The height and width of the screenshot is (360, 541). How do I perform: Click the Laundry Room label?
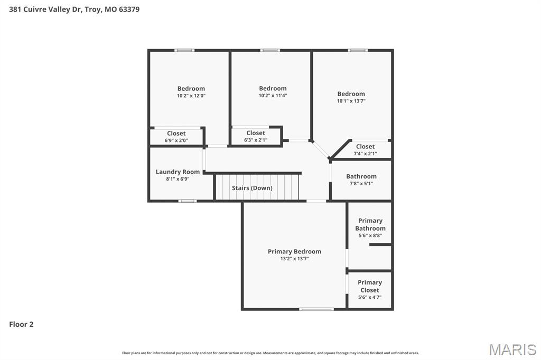pos(178,172)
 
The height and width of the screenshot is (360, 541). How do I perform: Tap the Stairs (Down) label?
pos(252,188)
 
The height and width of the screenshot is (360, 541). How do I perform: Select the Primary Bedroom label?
pos(294,251)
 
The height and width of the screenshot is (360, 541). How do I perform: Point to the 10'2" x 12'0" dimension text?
pos(191,96)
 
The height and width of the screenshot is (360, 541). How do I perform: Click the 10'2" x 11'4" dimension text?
pos(273,96)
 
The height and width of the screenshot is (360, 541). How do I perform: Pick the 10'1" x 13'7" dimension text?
pos(351,101)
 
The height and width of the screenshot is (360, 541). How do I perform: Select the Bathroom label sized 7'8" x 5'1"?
pos(361,176)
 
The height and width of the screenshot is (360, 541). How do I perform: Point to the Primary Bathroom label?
pos(370,224)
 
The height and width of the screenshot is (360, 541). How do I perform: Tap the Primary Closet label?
pos(370,286)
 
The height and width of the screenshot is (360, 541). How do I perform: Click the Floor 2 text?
pos(21,325)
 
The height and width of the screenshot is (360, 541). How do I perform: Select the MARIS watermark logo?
pos(512,349)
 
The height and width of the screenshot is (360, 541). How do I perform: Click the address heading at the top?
pos(74,9)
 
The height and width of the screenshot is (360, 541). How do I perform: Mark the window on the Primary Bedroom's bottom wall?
pos(316,309)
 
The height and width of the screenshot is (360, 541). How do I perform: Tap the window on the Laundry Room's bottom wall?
pos(187,201)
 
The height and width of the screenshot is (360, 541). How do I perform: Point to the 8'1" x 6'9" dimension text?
pos(178,179)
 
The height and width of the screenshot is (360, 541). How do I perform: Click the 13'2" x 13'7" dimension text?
pos(294,259)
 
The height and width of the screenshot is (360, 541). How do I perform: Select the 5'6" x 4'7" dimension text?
pos(370,297)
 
